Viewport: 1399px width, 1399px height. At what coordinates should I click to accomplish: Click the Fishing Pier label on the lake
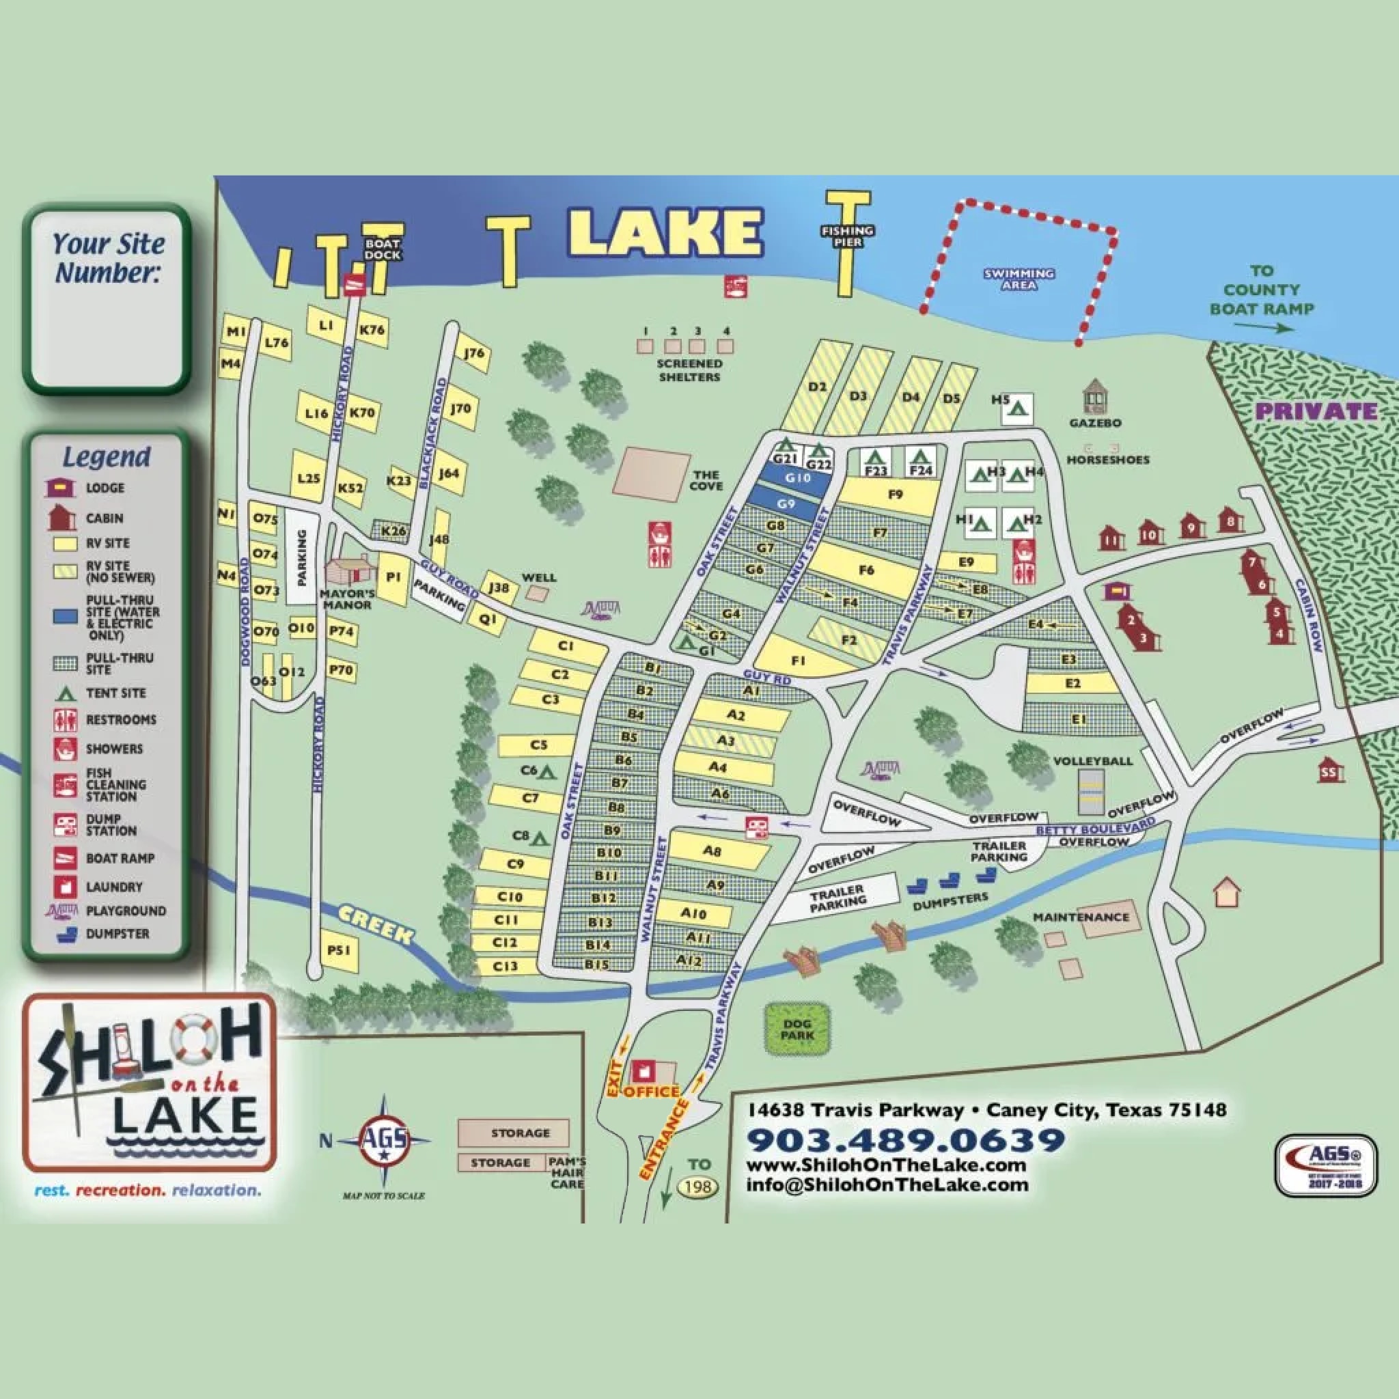pos(847,236)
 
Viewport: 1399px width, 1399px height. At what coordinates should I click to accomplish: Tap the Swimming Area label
pos(1019,279)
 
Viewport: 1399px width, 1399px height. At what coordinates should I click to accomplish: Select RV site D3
pos(858,396)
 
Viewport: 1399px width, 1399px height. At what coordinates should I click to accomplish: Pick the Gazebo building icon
pos(1095,396)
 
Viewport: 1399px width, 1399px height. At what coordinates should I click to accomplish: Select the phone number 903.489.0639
pos(905,1141)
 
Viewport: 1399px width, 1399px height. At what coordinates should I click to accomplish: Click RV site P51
pos(339,950)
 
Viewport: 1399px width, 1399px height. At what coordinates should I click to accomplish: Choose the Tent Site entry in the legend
pos(115,693)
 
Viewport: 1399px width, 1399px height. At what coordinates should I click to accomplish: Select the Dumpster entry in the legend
pos(117,933)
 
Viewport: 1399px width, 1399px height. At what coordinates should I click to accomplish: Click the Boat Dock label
pos(382,250)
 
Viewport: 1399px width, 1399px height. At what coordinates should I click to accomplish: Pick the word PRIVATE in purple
pos(1316,411)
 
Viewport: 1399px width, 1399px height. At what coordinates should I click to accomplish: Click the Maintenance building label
pos(1081,917)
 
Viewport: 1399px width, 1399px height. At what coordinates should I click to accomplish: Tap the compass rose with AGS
pos(384,1141)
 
